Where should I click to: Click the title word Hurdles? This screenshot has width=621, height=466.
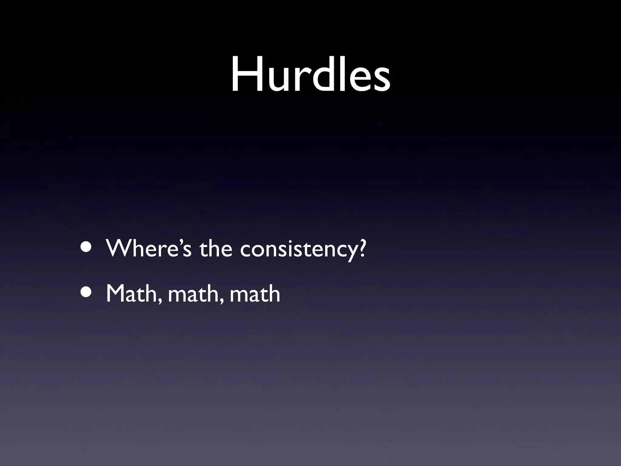coord(310,75)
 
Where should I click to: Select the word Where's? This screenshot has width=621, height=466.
coord(149,248)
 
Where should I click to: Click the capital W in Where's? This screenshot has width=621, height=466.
coord(119,248)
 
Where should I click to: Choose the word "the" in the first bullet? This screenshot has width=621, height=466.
coord(216,248)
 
